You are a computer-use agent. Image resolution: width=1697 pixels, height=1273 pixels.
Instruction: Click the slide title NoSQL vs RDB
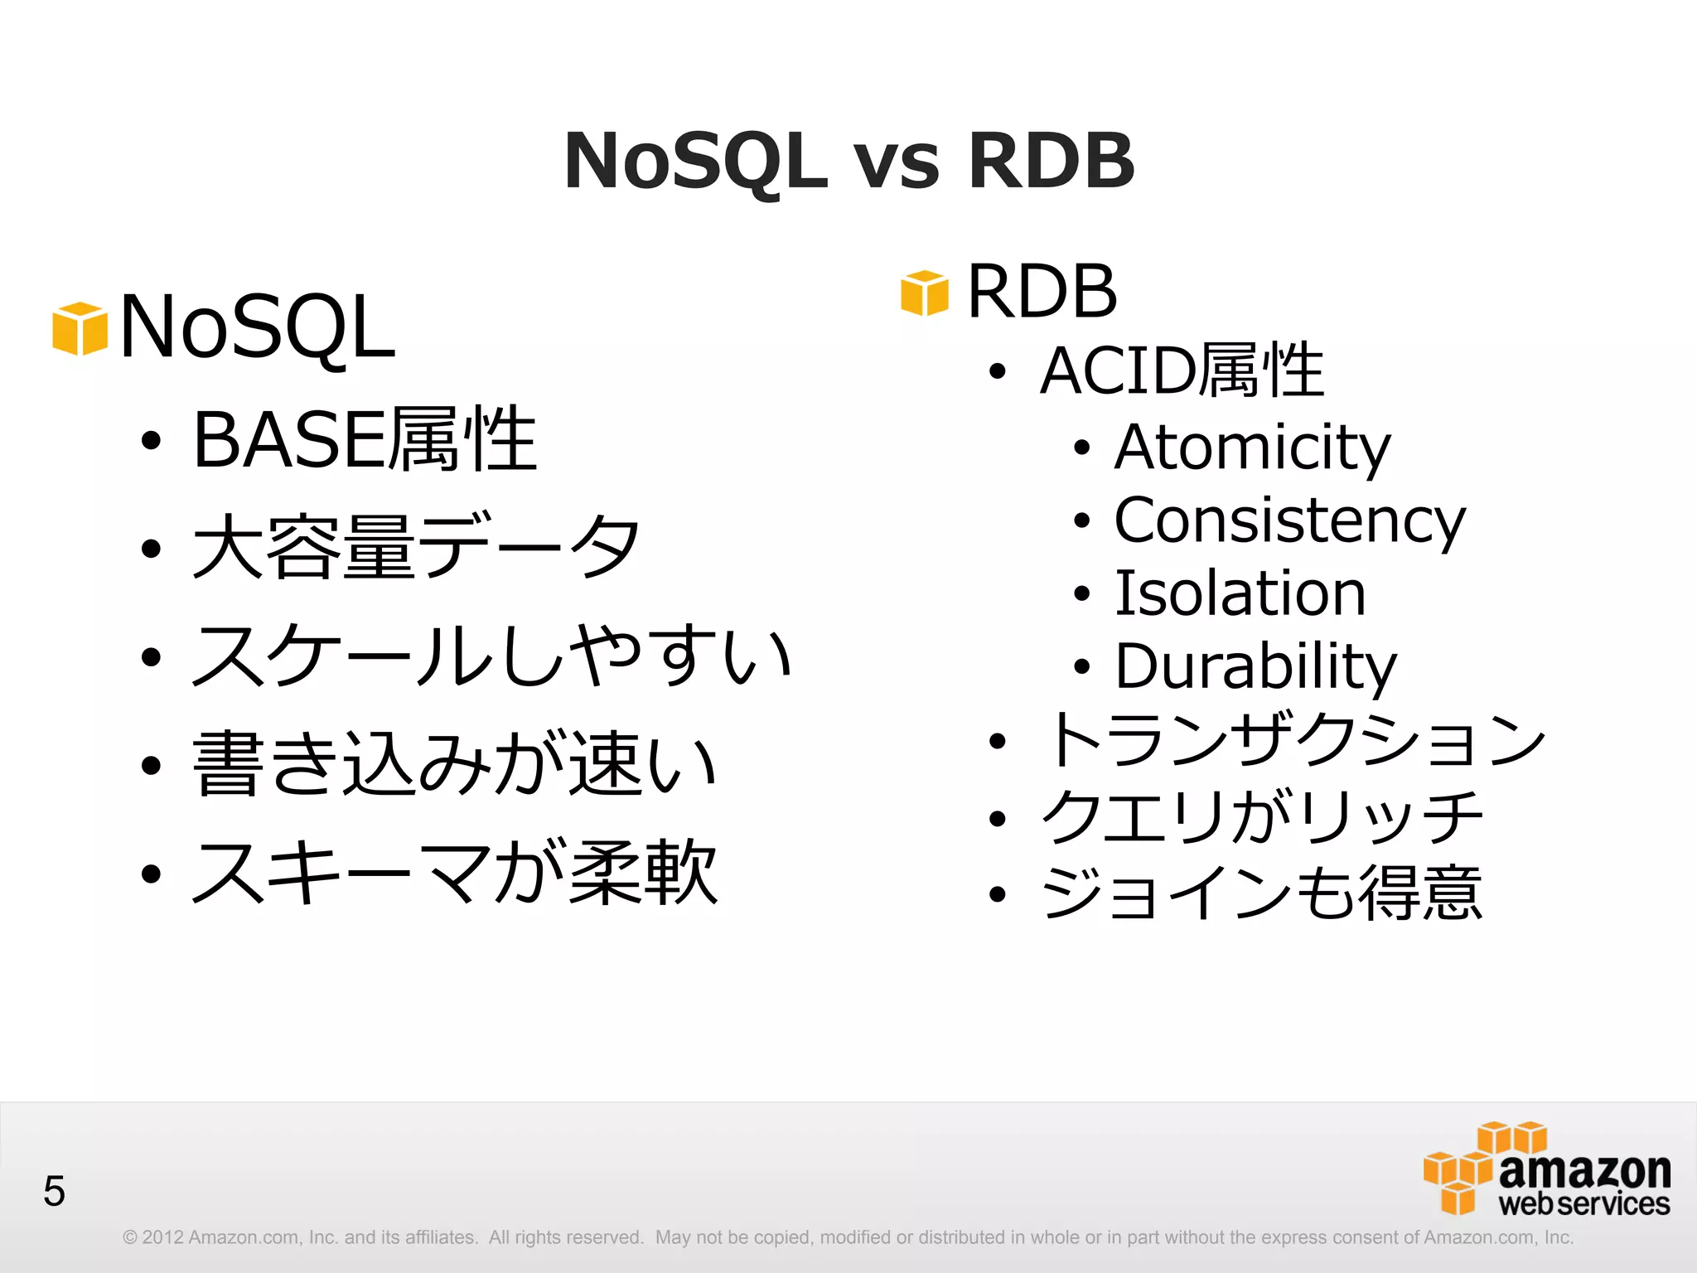(x=848, y=161)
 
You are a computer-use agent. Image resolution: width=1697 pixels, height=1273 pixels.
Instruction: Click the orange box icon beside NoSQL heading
(x=80, y=329)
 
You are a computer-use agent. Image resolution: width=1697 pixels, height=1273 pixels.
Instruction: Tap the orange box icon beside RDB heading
(x=924, y=293)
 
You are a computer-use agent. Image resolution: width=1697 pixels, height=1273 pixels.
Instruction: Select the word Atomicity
(x=1251, y=448)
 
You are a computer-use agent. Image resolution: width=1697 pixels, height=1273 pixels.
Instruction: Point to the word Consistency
(x=1289, y=520)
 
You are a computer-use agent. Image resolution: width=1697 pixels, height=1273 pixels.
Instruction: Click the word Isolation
(x=1240, y=593)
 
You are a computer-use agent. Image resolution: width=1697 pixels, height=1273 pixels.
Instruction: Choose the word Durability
(x=1255, y=666)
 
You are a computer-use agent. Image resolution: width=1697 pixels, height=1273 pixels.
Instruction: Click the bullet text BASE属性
(x=365, y=439)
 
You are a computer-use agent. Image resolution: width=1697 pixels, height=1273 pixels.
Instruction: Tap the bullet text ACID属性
(x=1182, y=370)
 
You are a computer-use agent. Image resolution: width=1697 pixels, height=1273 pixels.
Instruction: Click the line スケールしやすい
(x=492, y=656)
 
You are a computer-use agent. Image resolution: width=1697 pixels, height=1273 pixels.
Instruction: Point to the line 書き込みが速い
(x=454, y=763)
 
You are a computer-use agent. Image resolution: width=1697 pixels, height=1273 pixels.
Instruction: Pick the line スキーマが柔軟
(x=454, y=872)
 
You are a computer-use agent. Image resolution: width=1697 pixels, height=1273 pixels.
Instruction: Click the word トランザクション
(x=1294, y=739)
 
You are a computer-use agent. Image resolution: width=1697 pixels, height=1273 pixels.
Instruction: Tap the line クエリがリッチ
(x=1261, y=817)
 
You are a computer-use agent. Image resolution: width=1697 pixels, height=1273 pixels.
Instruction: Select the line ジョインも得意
(x=1261, y=893)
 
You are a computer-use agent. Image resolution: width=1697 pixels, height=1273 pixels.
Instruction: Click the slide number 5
(x=54, y=1192)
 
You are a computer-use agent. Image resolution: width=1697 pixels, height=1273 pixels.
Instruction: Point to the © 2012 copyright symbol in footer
(x=130, y=1237)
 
